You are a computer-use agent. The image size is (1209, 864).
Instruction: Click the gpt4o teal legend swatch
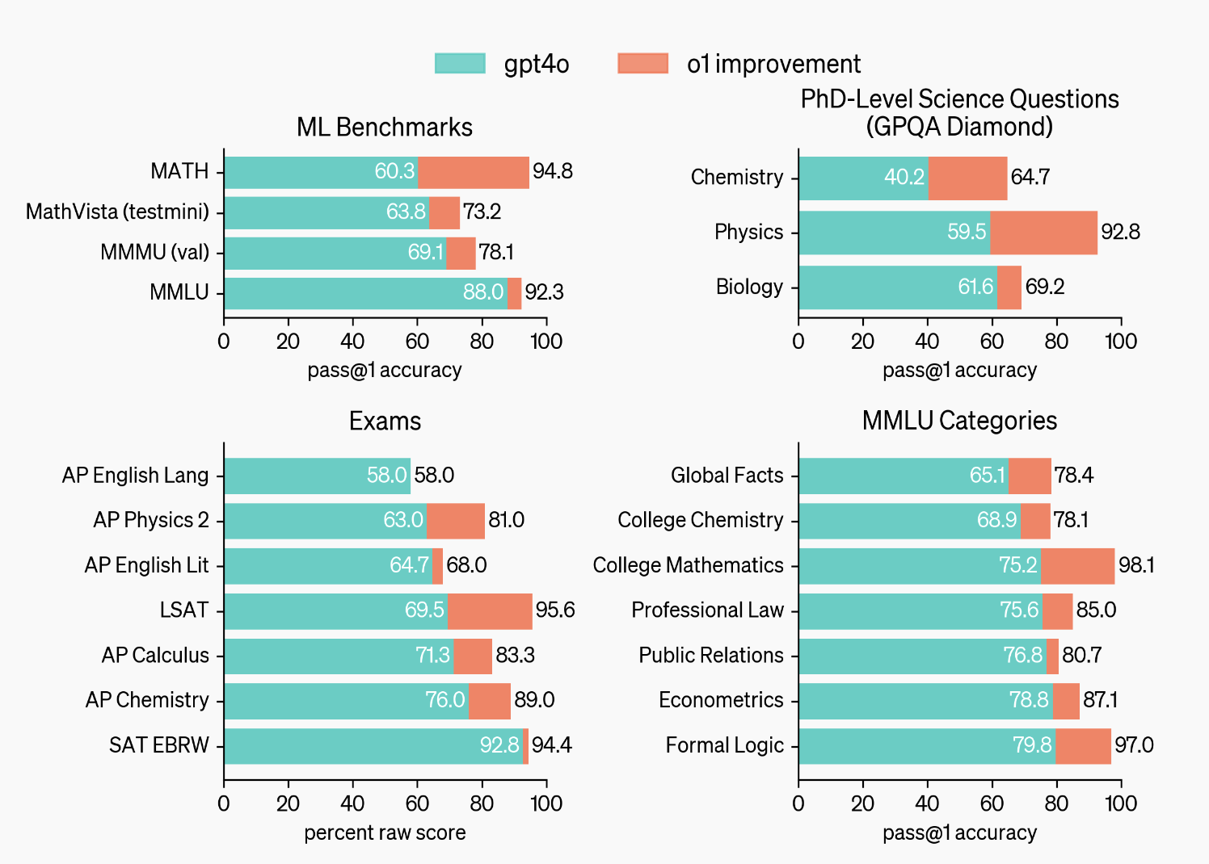click(x=460, y=64)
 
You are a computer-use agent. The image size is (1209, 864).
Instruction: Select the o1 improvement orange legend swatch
click(x=642, y=64)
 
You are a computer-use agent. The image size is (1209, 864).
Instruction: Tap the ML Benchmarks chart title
click(x=385, y=127)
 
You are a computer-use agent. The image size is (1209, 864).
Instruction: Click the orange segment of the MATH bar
click(x=474, y=172)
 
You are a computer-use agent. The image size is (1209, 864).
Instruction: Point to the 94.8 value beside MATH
click(x=553, y=171)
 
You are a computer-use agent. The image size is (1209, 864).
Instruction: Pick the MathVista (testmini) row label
click(x=117, y=212)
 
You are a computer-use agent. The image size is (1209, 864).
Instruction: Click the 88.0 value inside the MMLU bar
click(x=483, y=292)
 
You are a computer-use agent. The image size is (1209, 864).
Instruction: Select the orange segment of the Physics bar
click(x=1043, y=233)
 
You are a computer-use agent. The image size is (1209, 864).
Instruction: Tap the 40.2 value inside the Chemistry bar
click(x=904, y=177)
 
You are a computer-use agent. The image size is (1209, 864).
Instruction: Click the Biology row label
click(x=749, y=287)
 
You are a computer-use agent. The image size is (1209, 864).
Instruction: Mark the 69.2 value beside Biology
click(x=1045, y=287)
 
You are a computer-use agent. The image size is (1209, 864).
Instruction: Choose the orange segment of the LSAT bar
click(x=490, y=610)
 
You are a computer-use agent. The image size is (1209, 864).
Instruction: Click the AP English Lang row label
click(x=135, y=476)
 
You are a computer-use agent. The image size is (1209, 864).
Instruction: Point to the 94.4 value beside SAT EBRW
click(x=552, y=745)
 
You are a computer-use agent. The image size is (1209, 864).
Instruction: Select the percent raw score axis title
click(x=385, y=833)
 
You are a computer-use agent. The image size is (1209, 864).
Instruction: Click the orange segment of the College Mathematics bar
click(x=1077, y=565)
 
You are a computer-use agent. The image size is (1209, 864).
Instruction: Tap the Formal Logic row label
click(x=724, y=745)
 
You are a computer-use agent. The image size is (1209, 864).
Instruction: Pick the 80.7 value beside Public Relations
click(x=1082, y=655)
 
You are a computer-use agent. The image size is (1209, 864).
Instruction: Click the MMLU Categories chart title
click(x=959, y=421)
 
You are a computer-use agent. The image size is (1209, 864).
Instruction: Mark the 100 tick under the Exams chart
click(x=546, y=803)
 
